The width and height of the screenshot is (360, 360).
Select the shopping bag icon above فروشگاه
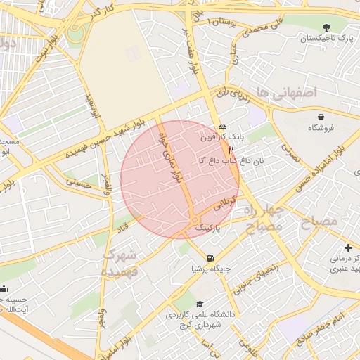pyautogui.click(x=321, y=116)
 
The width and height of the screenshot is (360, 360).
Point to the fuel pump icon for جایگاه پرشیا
pyautogui.click(x=212, y=257)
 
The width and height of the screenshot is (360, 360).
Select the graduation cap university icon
pyautogui.click(x=200, y=304)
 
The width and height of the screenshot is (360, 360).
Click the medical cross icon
pyautogui.click(x=349, y=247)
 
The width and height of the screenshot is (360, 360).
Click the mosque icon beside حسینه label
pyautogui.click(x=4, y=288)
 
